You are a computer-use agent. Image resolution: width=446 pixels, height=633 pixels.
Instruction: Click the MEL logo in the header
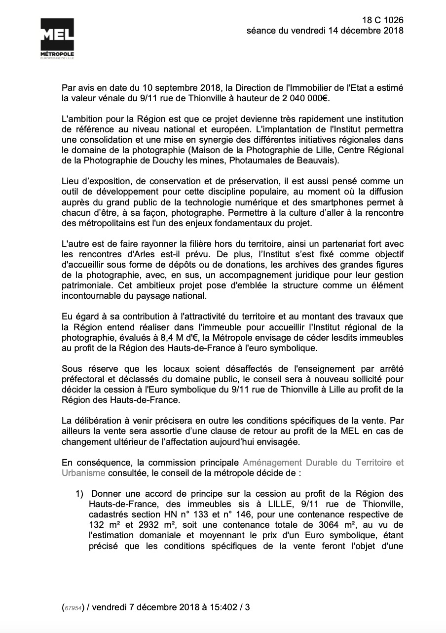click(57, 40)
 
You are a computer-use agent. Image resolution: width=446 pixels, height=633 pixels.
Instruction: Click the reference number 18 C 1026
click(382, 20)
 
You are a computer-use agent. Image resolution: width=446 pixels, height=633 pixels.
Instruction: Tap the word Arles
click(147, 254)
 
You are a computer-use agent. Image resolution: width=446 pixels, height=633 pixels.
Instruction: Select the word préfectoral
click(83, 379)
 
